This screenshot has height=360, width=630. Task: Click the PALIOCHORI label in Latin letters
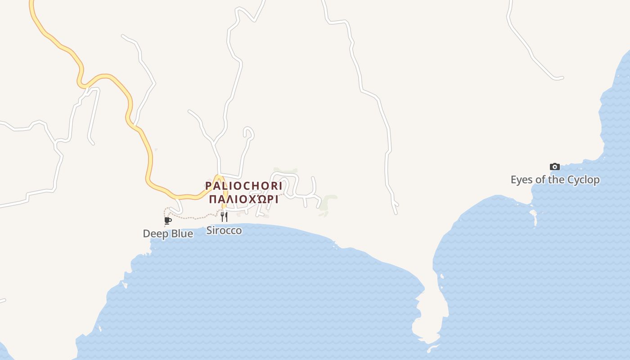point(243,186)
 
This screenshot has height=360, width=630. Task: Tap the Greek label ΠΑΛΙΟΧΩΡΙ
point(243,199)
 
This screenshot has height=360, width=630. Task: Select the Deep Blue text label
point(168,234)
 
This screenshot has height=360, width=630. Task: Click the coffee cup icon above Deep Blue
point(168,220)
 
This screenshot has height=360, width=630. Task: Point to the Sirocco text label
point(224,230)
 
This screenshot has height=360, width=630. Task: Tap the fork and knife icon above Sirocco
point(224,217)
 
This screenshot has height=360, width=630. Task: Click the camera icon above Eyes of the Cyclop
point(555,167)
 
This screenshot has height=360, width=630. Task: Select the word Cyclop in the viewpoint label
point(583,180)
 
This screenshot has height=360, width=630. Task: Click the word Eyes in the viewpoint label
point(522,180)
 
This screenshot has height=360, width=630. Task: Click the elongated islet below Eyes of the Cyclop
point(534,218)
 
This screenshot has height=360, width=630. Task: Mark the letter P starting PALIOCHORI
point(208,186)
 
